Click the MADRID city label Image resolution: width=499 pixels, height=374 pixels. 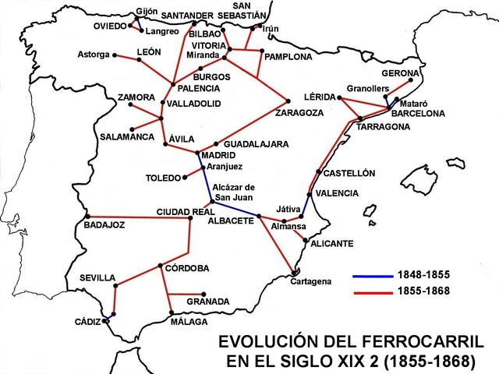coord(218,156)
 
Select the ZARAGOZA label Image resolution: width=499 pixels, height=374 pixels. coord(299,112)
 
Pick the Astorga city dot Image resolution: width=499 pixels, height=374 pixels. coord(115,55)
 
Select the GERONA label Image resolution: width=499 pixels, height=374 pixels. coord(401,72)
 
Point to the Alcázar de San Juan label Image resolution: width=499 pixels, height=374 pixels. coord(233,192)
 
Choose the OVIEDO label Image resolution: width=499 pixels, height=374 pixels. coord(110,26)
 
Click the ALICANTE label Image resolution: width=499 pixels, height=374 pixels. coord(332,244)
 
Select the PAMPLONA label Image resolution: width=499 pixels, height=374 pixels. coord(288,57)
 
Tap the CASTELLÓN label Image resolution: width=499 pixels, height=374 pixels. coord(349,173)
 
